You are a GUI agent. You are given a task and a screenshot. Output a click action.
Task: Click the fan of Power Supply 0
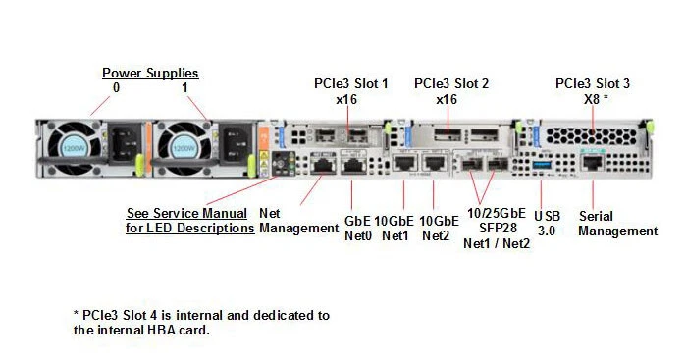point(78,148)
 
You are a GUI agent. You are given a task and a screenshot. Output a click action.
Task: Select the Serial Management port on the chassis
point(591,164)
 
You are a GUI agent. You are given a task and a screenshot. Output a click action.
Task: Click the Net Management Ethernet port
point(323,166)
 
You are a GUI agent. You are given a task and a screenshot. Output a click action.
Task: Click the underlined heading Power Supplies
point(150,73)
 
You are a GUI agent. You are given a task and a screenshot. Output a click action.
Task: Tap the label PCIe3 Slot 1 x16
point(350,91)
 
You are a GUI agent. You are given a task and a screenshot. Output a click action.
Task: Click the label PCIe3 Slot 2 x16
point(451,91)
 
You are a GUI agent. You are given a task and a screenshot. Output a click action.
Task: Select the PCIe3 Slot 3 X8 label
point(592,91)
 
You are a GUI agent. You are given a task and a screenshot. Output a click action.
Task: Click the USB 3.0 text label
point(549,222)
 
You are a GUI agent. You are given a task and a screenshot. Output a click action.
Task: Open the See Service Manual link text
point(189,221)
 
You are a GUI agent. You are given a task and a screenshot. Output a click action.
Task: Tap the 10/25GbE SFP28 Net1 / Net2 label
point(497,228)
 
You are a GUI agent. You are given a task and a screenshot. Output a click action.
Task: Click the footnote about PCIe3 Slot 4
point(201,323)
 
